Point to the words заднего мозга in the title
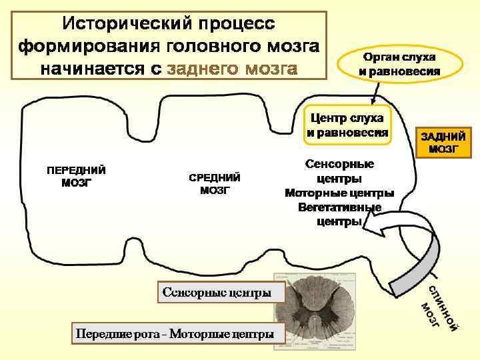click(x=233, y=69)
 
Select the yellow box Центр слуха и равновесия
click(x=347, y=125)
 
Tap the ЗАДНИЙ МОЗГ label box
click(x=443, y=143)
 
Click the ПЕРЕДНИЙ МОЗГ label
click(x=75, y=176)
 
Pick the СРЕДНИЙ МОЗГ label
click(x=215, y=183)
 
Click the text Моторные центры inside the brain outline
click(x=339, y=193)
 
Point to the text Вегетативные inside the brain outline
click(x=339, y=207)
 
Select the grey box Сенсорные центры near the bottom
click(x=213, y=292)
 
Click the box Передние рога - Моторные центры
click(x=175, y=333)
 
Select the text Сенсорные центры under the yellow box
click(x=339, y=171)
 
